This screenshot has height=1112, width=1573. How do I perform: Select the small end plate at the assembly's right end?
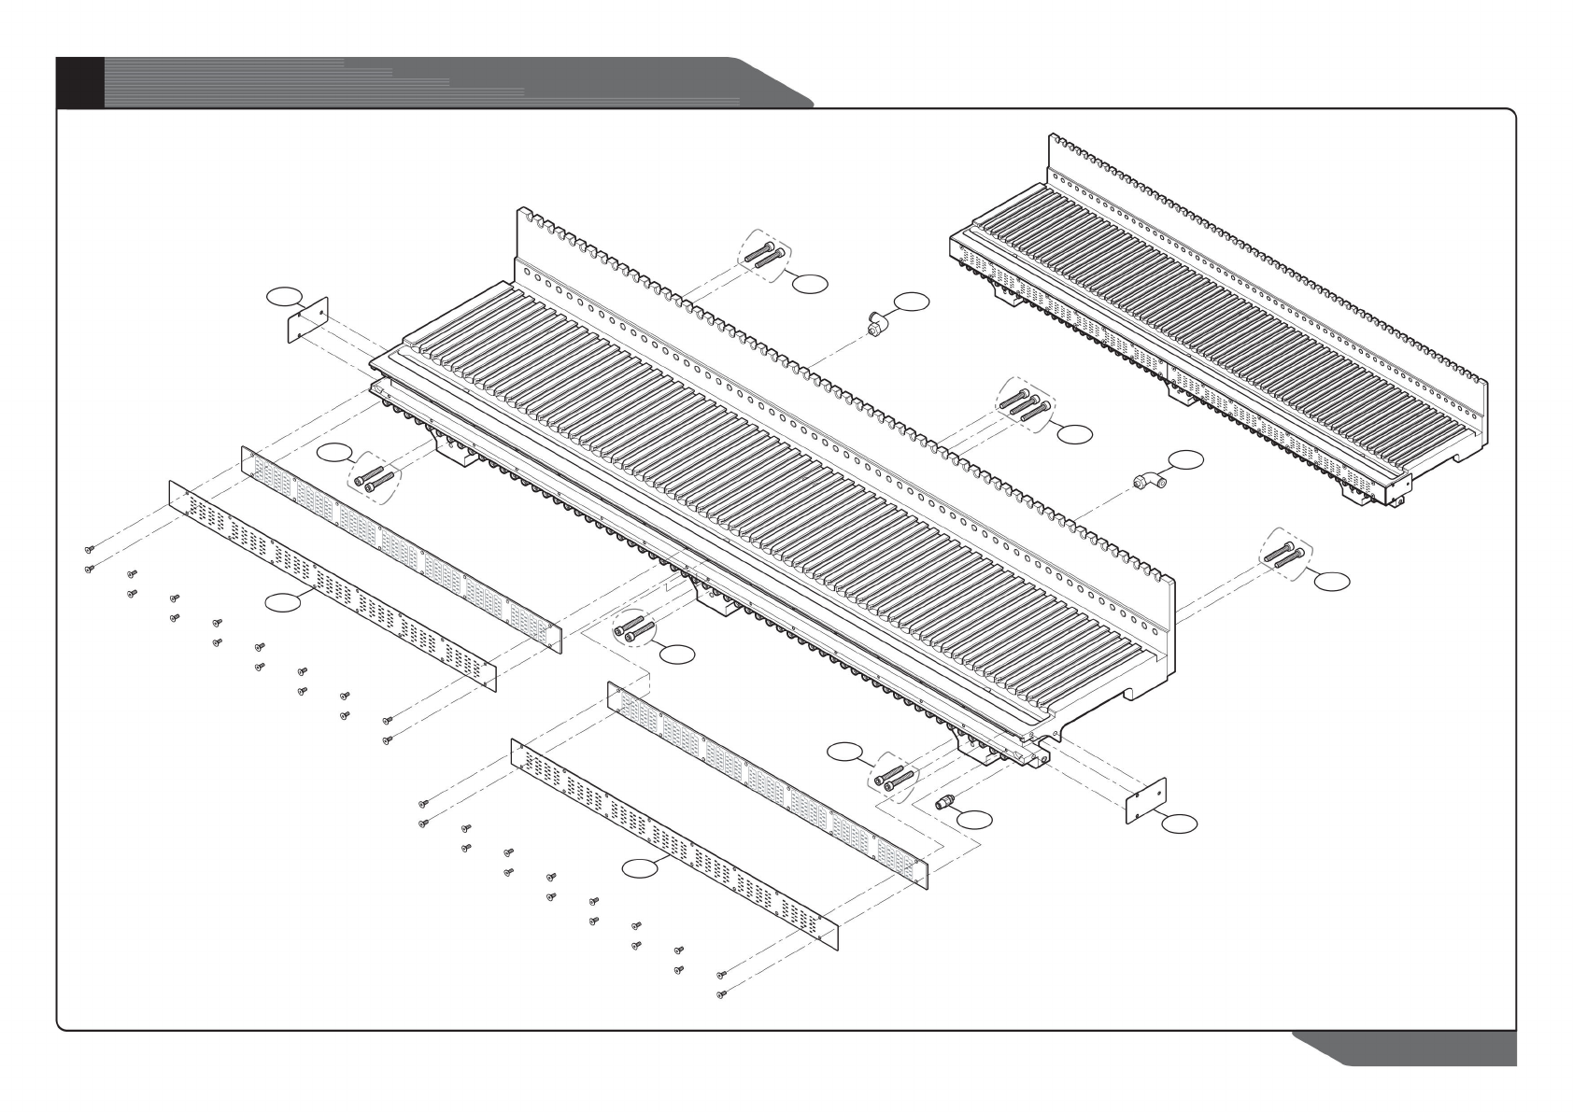tap(1146, 800)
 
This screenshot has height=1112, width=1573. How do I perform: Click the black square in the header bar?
tap(80, 82)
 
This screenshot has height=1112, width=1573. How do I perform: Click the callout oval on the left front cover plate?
tap(283, 602)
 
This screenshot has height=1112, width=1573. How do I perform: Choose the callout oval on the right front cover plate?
tap(641, 867)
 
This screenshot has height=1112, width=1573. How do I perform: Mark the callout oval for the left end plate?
tap(285, 297)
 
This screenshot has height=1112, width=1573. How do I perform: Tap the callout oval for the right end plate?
tap(1180, 823)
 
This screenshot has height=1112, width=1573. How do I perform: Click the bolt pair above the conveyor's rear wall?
tap(764, 252)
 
